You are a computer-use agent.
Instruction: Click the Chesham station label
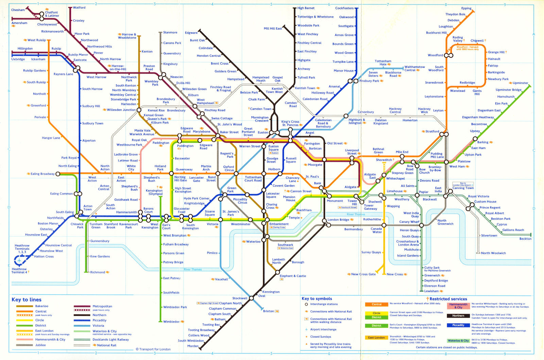click(18, 10)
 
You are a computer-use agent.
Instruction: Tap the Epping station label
click(466, 8)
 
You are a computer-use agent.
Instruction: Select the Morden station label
click(193, 346)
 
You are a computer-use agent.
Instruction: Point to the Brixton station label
click(268, 311)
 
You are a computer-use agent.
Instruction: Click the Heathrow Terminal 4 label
click(19, 271)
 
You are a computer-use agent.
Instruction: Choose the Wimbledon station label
click(171, 322)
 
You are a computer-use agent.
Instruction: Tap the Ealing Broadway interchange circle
click(58, 174)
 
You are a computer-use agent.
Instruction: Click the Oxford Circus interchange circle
click(218, 174)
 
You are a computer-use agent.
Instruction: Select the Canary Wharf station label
click(409, 222)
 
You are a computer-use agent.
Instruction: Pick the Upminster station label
click(520, 83)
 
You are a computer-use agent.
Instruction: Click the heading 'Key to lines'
click(27, 299)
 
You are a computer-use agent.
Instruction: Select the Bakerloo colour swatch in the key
click(25, 306)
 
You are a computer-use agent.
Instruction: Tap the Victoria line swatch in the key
click(82, 326)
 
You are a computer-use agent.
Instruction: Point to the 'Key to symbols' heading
click(317, 298)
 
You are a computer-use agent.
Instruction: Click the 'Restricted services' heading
click(448, 299)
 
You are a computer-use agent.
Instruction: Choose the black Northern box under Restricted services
click(458, 316)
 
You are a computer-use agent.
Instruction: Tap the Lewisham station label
click(431, 291)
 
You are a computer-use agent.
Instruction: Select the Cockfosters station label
click(344, 8)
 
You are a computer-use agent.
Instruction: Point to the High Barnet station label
click(306, 8)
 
